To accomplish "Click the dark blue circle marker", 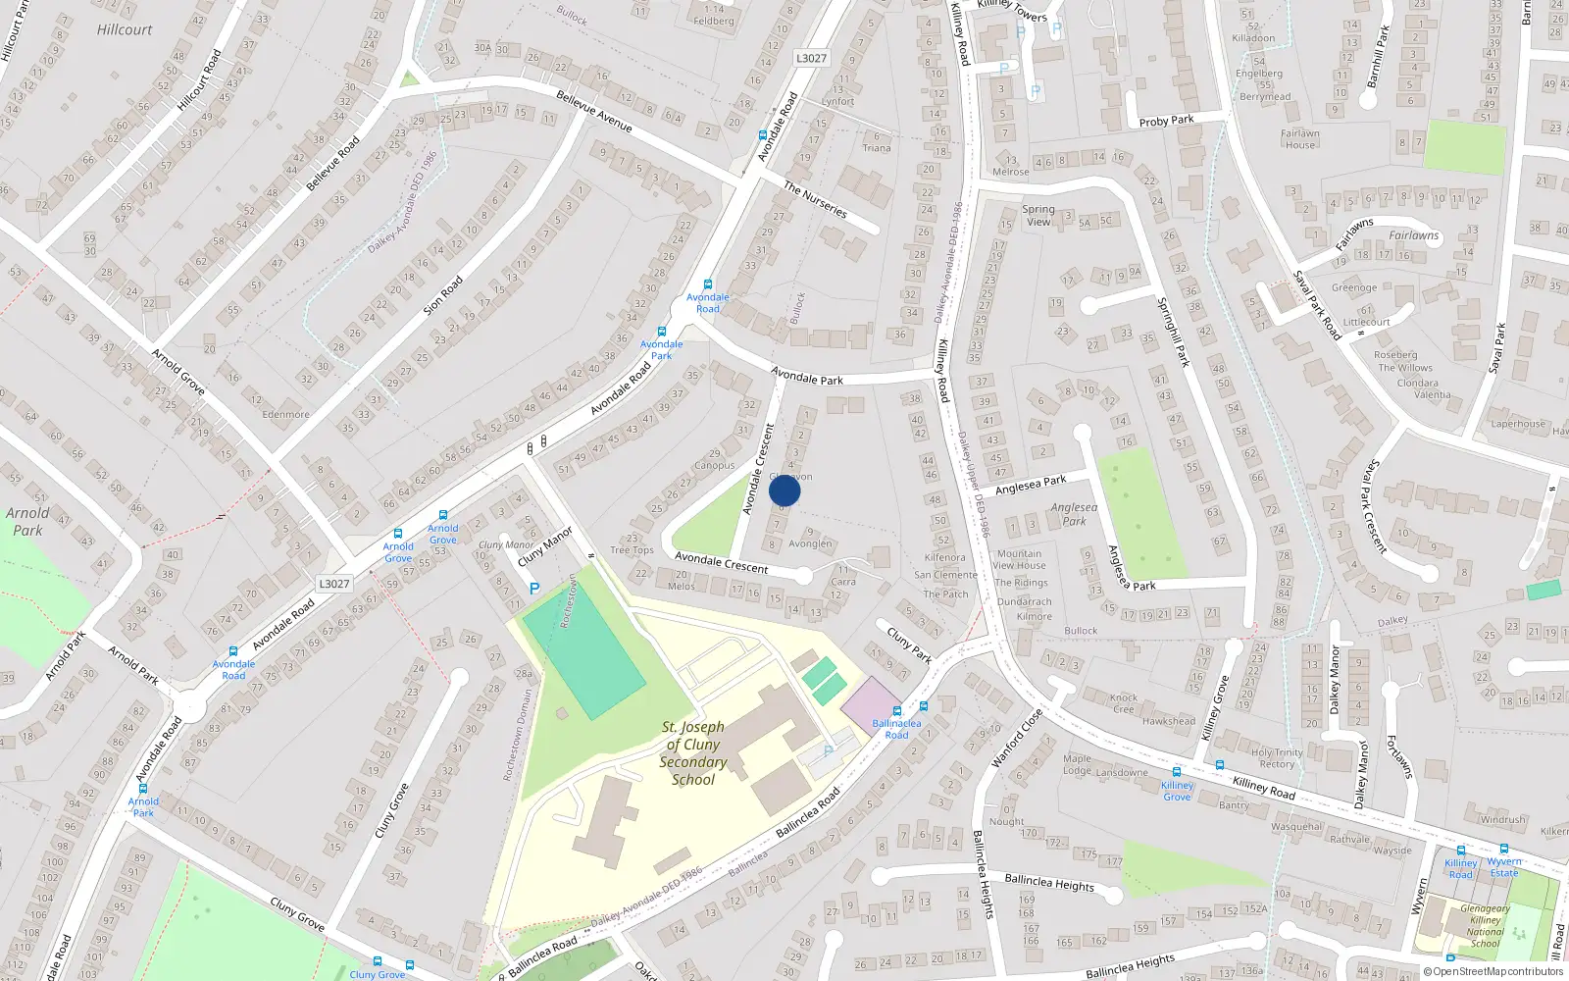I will click(x=784, y=491).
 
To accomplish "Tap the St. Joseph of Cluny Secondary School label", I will click(x=692, y=753).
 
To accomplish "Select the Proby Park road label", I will click(x=1166, y=121).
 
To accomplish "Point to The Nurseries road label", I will click(x=815, y=199).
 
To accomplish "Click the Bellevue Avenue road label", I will click(x=593, y=111).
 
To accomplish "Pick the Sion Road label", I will click(x=442, y=295).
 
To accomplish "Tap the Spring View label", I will click(x=1038, y=215).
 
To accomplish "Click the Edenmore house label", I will click(x=285, y=414).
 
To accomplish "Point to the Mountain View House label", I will click(x=1019, y=559).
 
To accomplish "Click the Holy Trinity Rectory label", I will click(x=1277, y=758).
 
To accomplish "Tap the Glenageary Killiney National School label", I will click(x=1485, y=926).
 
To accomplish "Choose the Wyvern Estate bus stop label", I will click(x=1504, y=867).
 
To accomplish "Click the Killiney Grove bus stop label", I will click(x=1177, y=791).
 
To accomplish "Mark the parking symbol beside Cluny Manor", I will click(x=534, y=589).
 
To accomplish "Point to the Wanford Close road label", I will click(x=1016, y=738).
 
